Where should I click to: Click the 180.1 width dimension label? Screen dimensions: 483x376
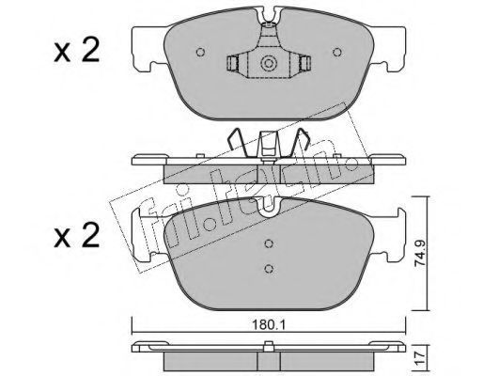point(268,325)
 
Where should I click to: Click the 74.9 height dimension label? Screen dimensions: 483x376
point(419,253)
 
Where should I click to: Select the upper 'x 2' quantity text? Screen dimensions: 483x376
point(77,50)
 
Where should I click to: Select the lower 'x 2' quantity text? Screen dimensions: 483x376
point(77,236)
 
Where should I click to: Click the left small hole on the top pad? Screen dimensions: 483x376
point(200,52)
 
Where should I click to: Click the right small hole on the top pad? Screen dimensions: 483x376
point(337,52)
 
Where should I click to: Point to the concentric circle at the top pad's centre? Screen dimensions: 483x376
point(269,64)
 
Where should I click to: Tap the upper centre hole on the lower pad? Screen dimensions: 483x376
point(269,243)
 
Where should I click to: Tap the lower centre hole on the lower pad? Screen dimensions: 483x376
point(269,269)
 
